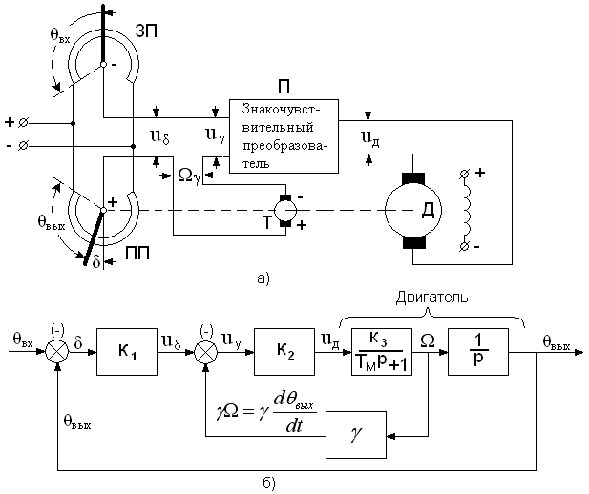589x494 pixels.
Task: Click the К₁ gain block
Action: (x=127, y=352)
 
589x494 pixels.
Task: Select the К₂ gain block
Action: (x=284, y=352)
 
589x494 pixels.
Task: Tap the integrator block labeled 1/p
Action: (x=478, y=352)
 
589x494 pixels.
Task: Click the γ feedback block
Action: (x=356, y=435)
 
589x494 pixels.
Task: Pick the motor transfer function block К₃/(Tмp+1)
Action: (x=382, y=352)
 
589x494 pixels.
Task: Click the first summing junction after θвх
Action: (x=57, y=353)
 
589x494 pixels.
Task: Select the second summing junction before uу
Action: (x=205, y=353)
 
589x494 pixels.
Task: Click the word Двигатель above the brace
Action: (x=432, y=298)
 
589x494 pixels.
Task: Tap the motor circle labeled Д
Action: (x=413, y=210)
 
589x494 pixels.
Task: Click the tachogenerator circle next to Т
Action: (x=285, y=210)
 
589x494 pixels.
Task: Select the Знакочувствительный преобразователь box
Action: (x=284, y=135)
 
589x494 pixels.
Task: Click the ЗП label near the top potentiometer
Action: (x=147, y=31)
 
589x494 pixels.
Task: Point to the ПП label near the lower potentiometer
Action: (x=137, y=254)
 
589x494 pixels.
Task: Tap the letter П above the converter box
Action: (x=284, y=87)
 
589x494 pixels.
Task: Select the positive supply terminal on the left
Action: (x=23, y=122)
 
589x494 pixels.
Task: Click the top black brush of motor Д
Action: (x=413, y=178)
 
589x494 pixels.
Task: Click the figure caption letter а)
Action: (x=263, y=278)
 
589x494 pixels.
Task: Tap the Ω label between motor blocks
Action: (x=428, y=340)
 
